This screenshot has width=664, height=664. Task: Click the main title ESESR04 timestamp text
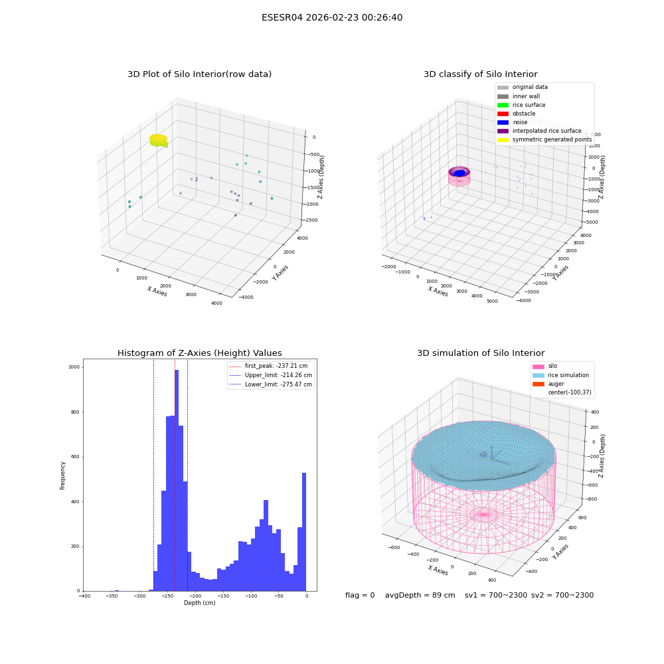coord(332,18)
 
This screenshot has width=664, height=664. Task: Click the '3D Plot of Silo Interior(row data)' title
coord(199,74)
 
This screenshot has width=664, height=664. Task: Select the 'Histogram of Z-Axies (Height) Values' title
coord(199,353)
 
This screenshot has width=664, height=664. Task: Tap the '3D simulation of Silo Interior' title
coord(481,353)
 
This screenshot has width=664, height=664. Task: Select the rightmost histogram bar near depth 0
coord(304,532)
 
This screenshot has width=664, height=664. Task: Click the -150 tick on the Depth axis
coord(222,596)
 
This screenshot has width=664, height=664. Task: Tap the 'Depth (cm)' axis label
coord(199,603)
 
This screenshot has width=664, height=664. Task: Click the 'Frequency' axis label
coord(62,475)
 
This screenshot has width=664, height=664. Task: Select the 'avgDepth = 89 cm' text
coord(420,595)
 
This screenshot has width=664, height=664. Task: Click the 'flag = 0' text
coord(360,595)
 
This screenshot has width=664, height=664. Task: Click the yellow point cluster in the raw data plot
coord(159,140)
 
